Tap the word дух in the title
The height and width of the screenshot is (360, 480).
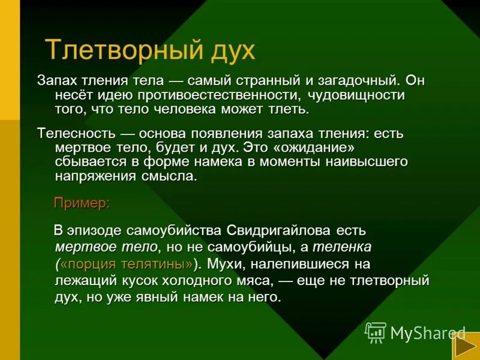[231, 51]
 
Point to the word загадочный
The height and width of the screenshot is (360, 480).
[353, 81]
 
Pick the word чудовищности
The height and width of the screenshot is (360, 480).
[357, 95]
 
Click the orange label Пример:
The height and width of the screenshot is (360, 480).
[82, 203]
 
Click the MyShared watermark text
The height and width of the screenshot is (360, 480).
[428, 333]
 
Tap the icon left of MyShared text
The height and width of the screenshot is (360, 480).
[376, 332]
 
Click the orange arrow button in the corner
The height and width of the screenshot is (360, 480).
[464, 347]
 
